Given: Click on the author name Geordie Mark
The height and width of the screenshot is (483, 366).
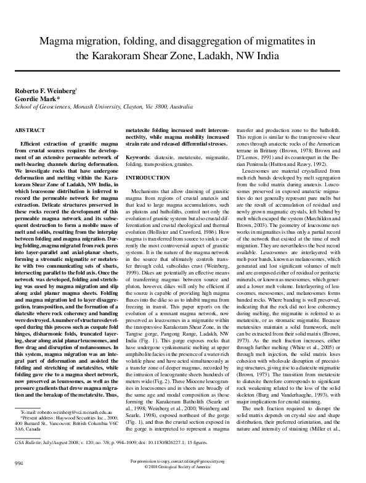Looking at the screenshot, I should [x=36, y=98].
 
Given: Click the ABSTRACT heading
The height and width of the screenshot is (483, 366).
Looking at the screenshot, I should [x=30, y=131].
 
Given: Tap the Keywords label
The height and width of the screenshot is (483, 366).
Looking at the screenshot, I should [x=145, y=159].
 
